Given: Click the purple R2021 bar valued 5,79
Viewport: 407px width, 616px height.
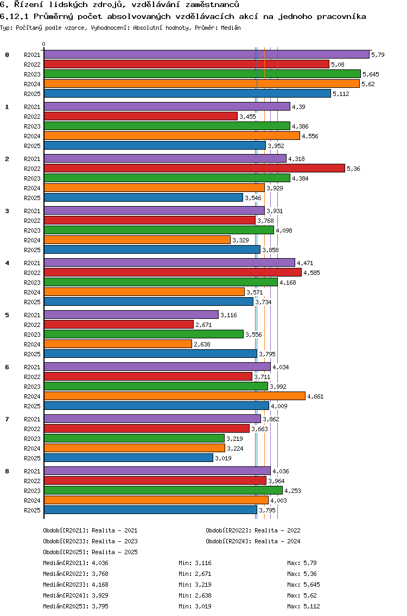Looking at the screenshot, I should click(x=206, y=54).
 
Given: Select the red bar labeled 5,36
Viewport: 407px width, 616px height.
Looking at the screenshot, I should click(x=194, y=168).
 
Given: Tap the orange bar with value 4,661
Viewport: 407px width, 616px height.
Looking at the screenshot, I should click(x=174, y=396).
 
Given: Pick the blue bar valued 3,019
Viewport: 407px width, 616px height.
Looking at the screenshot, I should click(x=129, y=458).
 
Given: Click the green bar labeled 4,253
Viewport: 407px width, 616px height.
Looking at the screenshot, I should click(x=163, y=490).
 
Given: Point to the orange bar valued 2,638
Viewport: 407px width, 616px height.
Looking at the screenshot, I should click(x=118, y=344).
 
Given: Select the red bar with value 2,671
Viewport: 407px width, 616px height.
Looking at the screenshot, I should click(x=118, y=324).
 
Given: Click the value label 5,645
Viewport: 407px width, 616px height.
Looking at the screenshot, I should click(x=371, y=74).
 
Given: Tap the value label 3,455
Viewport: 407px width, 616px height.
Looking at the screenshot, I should click(x=247, y=117).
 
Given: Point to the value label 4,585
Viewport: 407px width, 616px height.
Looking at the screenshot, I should click(x=311, y=273).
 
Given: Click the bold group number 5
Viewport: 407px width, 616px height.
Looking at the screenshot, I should click(x=7, y=315).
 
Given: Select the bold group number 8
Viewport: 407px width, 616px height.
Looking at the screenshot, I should click(x=7, y=471).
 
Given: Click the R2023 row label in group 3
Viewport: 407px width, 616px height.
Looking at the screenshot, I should click(x=33, y=230).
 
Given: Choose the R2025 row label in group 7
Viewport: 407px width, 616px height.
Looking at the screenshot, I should click(x=33, y=458).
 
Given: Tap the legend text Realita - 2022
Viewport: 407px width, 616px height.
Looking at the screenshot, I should click(x=277, y=530).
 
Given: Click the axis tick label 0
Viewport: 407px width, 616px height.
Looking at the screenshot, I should click(x=44, y=44).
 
